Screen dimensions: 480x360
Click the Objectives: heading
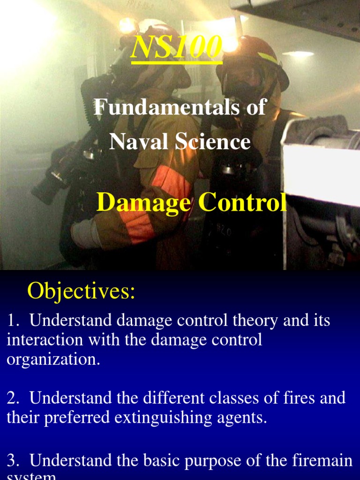[81, 291]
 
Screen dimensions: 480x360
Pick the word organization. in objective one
[53, 360]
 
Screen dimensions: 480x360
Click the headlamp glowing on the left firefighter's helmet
[128, 26]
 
